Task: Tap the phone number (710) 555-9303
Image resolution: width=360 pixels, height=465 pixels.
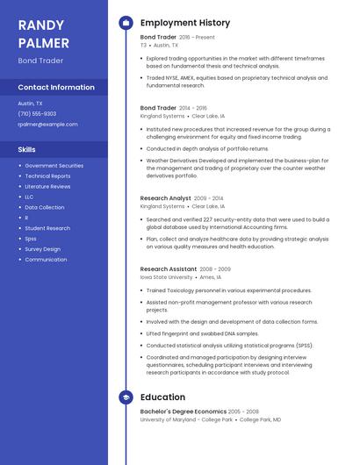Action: tap(37, 113)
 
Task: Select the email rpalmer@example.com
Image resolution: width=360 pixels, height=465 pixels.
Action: tap(47, 124)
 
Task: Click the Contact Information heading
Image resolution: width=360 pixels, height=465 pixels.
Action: tap(56, 88)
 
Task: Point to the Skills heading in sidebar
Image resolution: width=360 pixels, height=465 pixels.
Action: tap(27, 149)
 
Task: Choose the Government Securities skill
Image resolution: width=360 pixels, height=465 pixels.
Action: tap(54, 166)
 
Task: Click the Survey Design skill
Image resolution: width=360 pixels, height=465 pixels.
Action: tap(42, 249)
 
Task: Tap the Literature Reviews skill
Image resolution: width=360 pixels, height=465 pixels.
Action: tap(47, 187)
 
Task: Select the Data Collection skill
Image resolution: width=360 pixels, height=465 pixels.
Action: tap(44, 207)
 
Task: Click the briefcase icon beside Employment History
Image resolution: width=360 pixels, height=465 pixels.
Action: tap(126, 23)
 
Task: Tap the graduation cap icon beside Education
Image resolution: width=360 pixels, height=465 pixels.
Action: tap(126, 397)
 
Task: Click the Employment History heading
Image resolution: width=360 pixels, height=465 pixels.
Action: tap(184, 23)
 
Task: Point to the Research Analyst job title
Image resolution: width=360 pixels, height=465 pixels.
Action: tap(165, 198)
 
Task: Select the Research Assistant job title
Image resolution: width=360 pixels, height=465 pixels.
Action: tap(169, 268)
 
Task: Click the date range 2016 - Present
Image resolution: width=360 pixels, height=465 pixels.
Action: tap(197, 38)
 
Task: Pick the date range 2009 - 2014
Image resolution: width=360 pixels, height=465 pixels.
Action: tap(209, 198)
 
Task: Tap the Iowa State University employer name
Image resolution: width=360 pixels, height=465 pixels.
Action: tap(166, 277)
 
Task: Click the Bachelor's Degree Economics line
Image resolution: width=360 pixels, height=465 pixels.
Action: tap(182, 411)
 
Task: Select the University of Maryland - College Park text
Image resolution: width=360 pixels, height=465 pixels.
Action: tap(186, 420)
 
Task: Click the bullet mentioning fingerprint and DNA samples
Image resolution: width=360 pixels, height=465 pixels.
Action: tap(202, 333)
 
